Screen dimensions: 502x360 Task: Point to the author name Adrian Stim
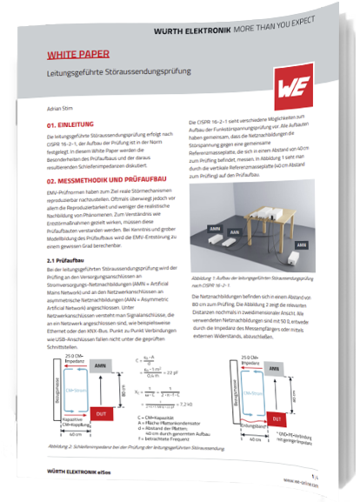[x=61, y=109]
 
